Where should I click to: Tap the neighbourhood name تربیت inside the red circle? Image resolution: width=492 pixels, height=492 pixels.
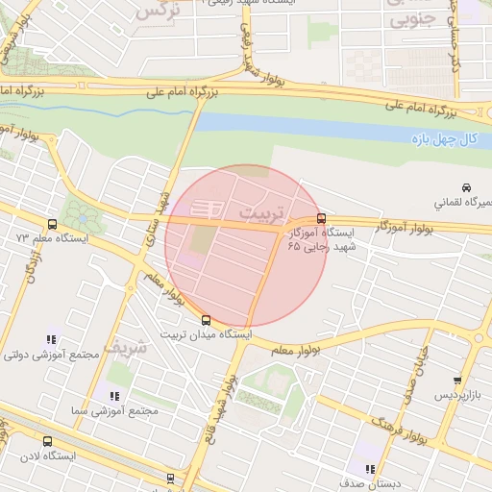point(260,210)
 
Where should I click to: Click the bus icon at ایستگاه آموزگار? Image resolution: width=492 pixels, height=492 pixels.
point(321,218)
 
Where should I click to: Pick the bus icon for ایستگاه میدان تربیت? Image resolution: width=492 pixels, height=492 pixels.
point(207,321)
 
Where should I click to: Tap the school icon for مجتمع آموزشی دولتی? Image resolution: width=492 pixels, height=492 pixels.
point(51,339)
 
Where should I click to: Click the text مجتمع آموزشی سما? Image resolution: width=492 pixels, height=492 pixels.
point(113,410)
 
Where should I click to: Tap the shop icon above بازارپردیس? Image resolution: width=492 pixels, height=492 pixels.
point(456,381)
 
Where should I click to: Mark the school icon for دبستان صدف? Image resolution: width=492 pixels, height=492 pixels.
point(369,469)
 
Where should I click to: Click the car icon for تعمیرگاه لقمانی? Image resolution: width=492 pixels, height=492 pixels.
point(466,187)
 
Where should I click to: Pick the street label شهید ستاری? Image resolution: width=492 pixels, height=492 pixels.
point(156,225)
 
